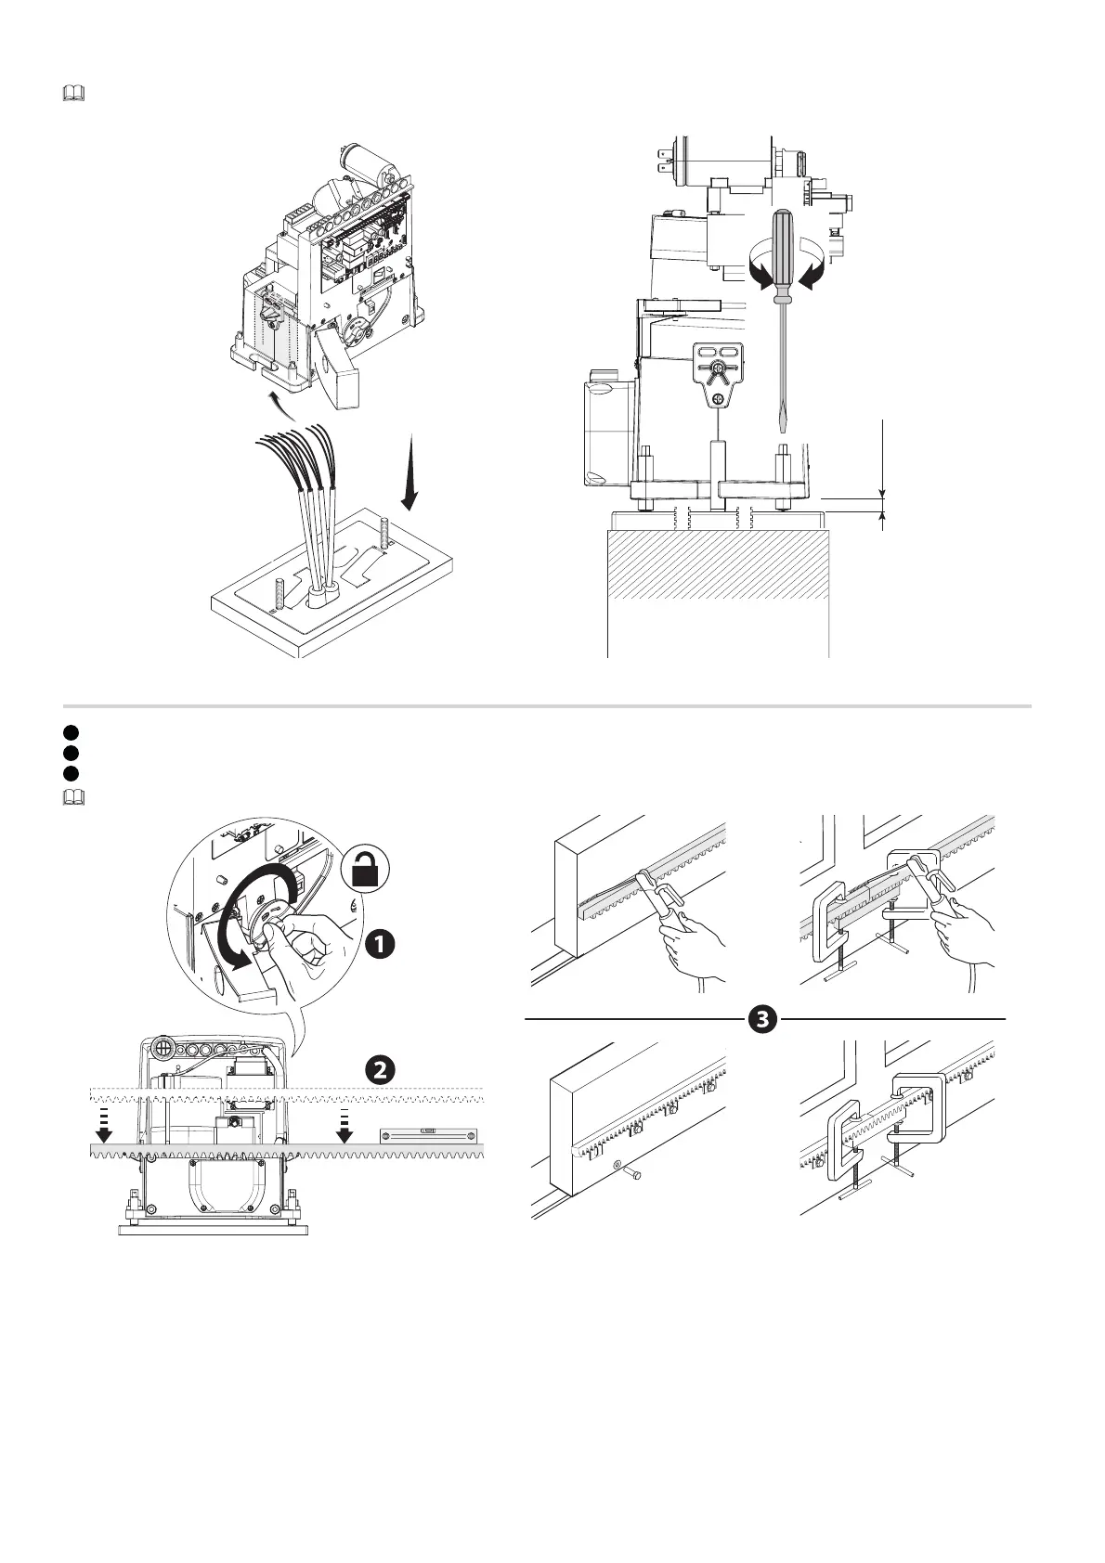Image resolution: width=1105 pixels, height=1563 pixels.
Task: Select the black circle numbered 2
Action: pos(379,1069)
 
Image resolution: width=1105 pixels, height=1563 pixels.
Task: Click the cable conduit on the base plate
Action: pos(322,595)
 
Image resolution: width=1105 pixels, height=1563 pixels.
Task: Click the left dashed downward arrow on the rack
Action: pos(104,1123)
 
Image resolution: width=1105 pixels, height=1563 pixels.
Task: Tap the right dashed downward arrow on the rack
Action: pos(344,1123)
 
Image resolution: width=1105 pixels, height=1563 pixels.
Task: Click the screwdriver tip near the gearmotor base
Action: pos(783,422)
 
